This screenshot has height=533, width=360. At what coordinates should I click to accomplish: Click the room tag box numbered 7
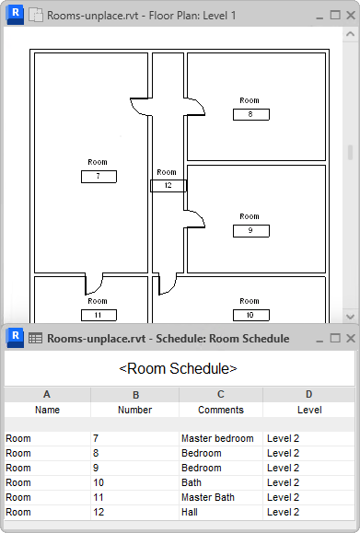click(x=99, y=177)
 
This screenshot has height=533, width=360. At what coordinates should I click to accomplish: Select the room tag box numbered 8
click(x=251, y=114)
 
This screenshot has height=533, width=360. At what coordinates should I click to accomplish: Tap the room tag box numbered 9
click(x=251, y=231)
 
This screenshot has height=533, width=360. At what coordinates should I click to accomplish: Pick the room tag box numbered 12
click(x=168, y=186)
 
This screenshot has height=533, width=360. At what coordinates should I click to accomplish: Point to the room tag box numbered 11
click(x=99, y=315)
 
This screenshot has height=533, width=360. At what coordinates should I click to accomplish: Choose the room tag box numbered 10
click(x=251, y=315)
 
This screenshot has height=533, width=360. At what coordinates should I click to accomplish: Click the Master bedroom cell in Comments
click(x=221, y=438)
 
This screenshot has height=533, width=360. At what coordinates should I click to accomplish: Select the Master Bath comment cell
click(x=221, y=497)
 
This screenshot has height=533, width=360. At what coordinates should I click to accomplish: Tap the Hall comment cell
click(x=221, y=512)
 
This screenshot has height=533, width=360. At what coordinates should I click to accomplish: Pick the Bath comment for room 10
click(x=221, y=482)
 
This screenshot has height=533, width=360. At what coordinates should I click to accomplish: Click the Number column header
click(x=135, y=410)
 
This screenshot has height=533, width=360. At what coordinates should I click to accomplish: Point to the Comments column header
click(x=221, y=410)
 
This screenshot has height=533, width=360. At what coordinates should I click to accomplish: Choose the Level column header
click(x=309, y=410)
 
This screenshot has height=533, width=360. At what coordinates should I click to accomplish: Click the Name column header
click(x=47, y=410)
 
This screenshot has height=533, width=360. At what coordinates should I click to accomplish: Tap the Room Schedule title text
click(x=178, y=369)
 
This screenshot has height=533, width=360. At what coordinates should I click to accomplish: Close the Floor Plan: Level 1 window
click(x=351, y=16)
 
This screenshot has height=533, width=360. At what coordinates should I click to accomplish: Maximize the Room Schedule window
click(x=335, y=338)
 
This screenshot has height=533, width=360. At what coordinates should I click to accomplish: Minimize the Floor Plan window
click(x=319, y=17)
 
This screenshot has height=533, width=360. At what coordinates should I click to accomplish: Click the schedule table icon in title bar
click(x=35, y=338)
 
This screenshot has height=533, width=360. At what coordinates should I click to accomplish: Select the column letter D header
click(x=309, y=394)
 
